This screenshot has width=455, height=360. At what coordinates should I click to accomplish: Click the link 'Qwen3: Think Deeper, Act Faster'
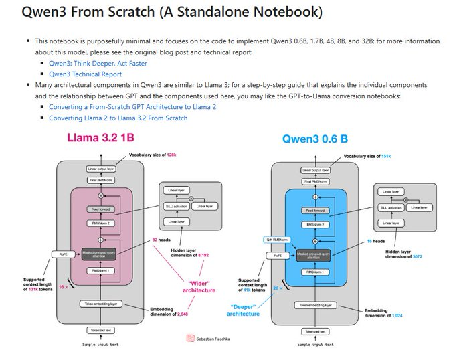tap(98, 64)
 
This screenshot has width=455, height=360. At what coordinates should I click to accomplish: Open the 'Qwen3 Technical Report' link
tap(85, 74)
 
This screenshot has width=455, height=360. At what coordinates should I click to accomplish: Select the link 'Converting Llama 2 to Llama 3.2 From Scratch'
tap(118, 118)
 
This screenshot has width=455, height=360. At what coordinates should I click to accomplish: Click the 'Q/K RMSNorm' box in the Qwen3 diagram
tap(271, 239)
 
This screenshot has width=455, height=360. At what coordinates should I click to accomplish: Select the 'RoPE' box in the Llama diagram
tap(61, 254)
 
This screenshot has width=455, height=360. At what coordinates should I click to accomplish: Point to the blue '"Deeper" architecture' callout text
tap(243, 309)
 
